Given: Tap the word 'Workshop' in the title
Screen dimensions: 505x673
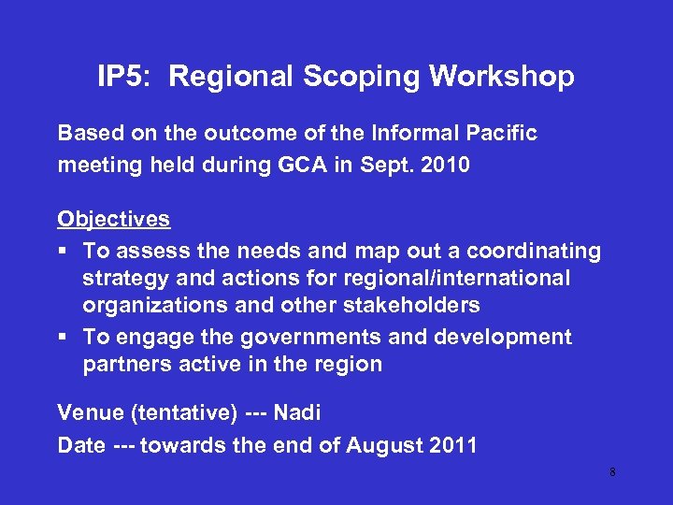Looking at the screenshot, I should point(503,77).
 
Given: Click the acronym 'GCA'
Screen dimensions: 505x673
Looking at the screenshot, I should point(299,166).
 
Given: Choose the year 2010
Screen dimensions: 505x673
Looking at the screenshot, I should point(446,166).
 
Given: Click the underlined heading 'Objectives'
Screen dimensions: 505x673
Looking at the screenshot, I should point(114,219).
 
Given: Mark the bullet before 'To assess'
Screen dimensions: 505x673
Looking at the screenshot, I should point(63,252).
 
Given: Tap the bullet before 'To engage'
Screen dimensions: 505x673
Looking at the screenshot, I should point(63,338).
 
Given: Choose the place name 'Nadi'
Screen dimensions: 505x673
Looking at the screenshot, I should point(297,412).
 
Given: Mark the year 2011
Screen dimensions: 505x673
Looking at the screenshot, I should point(451,445).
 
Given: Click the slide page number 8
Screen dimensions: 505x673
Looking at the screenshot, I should point(612,472).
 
